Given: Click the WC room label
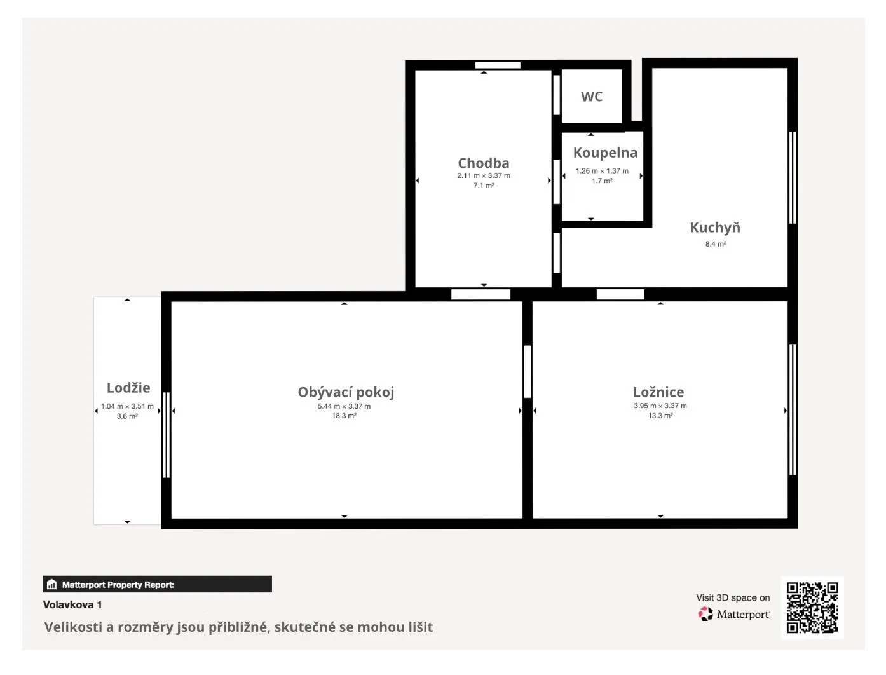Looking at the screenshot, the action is [591, 97].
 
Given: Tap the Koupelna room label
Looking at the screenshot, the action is [605, 153].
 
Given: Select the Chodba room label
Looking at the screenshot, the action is [484, 163].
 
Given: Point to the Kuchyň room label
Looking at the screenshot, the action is [715, 227].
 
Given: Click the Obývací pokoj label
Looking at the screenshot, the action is [346, 392].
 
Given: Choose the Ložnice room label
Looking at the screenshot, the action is [658, 392].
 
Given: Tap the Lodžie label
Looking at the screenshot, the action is [128, 387].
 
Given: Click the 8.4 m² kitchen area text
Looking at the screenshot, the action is [716, 243].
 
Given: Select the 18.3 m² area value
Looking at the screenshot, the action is [344, 416].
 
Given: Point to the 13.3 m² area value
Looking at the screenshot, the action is [660, 416].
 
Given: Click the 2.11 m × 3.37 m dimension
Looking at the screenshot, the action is [484, 175].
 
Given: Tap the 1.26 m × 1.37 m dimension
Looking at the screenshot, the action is [602, 171].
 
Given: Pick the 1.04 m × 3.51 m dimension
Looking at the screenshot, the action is [127, 406].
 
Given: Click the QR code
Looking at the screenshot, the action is [812, 608].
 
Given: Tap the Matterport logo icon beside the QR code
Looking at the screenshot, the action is [705, 614].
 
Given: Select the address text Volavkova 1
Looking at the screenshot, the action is [72, 604].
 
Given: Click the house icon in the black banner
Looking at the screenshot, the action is [51, 584].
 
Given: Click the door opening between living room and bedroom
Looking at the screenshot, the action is [527, 372].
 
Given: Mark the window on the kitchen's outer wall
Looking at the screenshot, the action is [793, 177].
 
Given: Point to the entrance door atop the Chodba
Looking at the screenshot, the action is [498, 65].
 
